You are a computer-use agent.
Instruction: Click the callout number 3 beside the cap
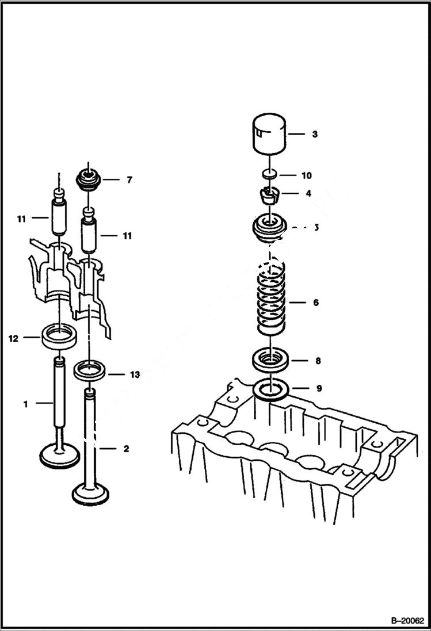pyautogui.click(x=315, y=135)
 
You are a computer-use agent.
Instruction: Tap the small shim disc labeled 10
pyautogui.click(x=269, y=174)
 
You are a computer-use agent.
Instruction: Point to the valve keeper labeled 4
pyautogui.click(x=269, y=196)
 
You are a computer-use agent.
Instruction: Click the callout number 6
pyautogui.click(x=315, y=303)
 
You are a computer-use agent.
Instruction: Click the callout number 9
pyautogui.click(x=319, y=388)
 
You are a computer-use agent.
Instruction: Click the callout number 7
pyautogui.click(x=129, y=180)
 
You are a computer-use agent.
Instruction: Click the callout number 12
pyautogui.click(x=13, y=339)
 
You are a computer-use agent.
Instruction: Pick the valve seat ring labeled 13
pyautogui.click(x=91, y=369)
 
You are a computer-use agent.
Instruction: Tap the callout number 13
pyautogui.click(x=134, y=375)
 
